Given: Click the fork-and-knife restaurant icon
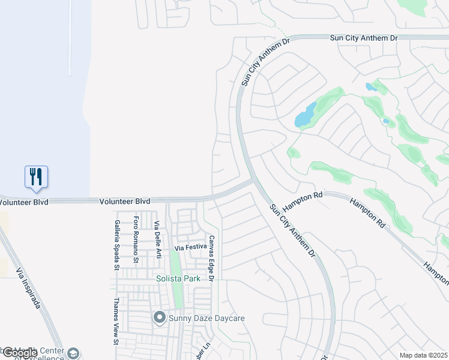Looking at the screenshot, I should click(x=36, y=176).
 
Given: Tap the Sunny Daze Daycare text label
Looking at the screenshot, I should click(x=206, y=317).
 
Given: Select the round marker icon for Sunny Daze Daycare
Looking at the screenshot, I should click(x=159, y=317).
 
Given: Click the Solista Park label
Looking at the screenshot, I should click(x=178, y=279).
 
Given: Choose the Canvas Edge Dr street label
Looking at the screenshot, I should click(x=211, y=258).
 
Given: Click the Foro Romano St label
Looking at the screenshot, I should click(x=136, y=240).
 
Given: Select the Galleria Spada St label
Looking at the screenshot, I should click(x=117, y=245).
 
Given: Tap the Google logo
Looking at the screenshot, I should click(x=20, y=353).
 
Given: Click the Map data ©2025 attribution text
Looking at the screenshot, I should click(x=423, y=355).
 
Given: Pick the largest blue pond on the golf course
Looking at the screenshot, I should click(x=306, y=115).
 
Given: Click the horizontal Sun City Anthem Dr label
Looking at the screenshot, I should click(x=364, y=38).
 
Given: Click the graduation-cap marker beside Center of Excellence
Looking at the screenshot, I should click(x=73, y=353).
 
